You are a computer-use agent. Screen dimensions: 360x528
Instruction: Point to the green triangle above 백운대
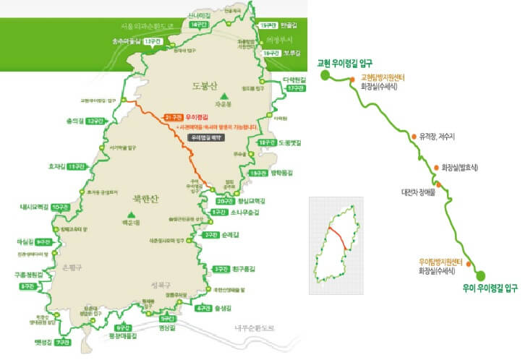coord(131,214)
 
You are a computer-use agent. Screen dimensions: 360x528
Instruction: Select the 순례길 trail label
coord(231,235)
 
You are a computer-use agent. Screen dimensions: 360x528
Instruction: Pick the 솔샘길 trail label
coord(226,309)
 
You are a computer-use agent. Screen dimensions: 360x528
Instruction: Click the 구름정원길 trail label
coord(28,275)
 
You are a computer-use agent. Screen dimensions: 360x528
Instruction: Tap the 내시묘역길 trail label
coord(33,207)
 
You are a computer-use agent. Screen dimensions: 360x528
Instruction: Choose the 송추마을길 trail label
coord(127,41)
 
